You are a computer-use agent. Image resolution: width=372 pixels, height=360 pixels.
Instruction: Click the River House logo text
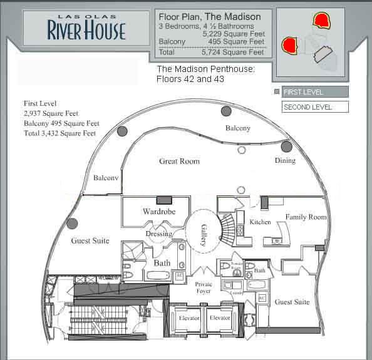point(86,29)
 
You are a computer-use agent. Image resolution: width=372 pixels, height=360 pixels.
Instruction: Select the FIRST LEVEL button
point(314,92)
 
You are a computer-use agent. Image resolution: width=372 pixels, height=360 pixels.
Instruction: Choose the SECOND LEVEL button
point(314,107)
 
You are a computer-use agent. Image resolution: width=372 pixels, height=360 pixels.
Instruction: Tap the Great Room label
point(179,162)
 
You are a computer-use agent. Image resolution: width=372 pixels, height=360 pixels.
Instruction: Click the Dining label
point(285,161)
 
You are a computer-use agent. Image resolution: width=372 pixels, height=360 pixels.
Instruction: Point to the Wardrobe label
point(158,212)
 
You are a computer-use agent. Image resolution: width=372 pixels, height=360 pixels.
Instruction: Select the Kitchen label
point(260,222)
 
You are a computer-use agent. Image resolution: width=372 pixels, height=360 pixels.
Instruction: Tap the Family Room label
point(306,217)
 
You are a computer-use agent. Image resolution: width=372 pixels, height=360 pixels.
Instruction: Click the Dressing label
point(158,234)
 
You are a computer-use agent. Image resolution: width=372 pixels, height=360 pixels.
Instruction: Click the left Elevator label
point(189,318)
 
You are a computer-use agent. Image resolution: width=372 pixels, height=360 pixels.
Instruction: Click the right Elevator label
point(220,318)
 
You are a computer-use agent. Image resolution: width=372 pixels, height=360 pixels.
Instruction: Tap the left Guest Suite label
point(90,241)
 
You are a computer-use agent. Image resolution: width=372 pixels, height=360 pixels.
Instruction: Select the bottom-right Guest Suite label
point(292,302)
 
